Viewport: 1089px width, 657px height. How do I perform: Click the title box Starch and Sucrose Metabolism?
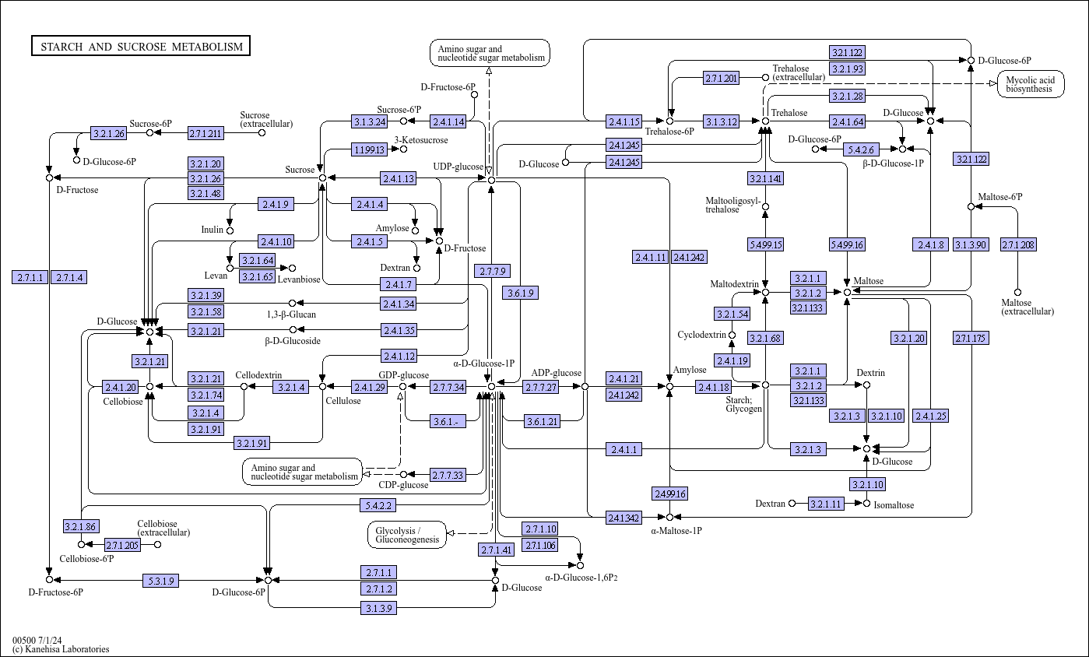pyautogui.click(x=141, y=46)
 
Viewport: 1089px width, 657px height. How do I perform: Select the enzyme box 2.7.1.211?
pyautogui.click(x=206, y=133)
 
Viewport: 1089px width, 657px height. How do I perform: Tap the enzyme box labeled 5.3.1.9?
pyautogui.click(x=160, y=581)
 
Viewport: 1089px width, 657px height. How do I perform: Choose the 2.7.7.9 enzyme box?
pyautogui.click(x=493, y=271)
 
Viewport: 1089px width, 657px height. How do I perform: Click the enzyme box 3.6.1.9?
pyautogui.click(x=520, y=293)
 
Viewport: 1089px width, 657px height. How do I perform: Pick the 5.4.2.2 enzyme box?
pyautogui.click(x=378, y=505)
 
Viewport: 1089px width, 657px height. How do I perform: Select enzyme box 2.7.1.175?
pyautogui.click(x=971, y=338)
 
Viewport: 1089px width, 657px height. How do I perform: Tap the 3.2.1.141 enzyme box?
pyautogui.click(x=765, y=178)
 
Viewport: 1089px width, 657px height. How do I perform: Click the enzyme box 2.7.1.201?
pyautogui.click(x=721, y=78)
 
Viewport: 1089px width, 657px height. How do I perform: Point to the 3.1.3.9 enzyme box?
pyautogui.click(x=378, y=608)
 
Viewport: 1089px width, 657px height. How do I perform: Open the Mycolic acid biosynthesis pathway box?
pyautogui.click(x=1030, y=84)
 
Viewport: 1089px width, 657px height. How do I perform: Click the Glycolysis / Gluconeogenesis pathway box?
pyautogui.click(x=407, y=535)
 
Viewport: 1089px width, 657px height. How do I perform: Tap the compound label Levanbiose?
pyautogui.click(x=299, y=279)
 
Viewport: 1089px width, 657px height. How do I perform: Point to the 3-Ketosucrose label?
pyautogui.click(x=421, y=140)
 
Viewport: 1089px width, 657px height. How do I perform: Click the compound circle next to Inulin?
pyautogui.click(x=230, y=230)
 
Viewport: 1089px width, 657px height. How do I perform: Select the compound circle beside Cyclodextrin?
pyautogui.click(x=732, y=335)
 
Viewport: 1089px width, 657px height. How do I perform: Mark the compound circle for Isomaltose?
pyautogui.click(x=866, y=504)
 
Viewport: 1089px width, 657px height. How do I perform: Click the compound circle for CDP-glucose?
pyautogui.click(x=403, y=474)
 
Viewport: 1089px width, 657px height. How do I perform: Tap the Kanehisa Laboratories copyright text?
pyautogui.click(x=61, y=649)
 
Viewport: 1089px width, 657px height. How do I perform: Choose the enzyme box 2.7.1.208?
pyautogui.click(x=1018, y=244)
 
